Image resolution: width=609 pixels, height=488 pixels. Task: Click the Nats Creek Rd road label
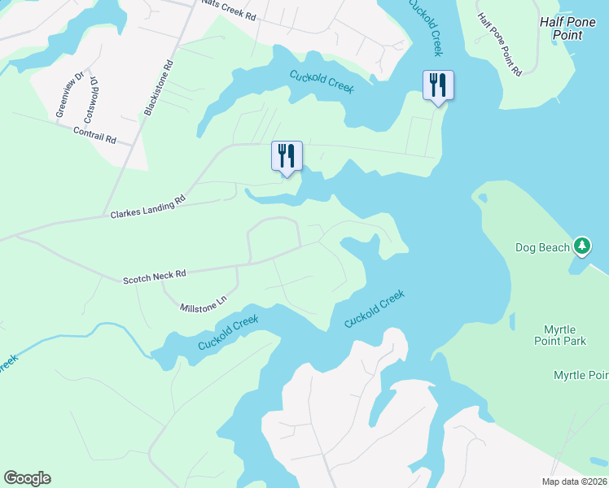pos(228,10)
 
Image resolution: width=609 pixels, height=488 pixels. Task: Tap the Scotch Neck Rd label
pos(155,277)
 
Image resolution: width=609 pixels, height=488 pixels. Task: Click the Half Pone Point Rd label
pos(499,46)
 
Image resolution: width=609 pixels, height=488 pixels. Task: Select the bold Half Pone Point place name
pos(572,28)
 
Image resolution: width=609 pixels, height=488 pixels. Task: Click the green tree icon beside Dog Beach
pos(581,245)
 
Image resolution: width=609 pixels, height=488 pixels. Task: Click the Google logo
pos(27,478)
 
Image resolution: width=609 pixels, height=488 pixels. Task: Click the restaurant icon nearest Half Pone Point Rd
pos(438,85)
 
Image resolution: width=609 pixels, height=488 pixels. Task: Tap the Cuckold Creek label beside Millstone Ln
pos(228,333)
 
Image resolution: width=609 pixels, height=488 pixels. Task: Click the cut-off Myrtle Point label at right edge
pos(581,375)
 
